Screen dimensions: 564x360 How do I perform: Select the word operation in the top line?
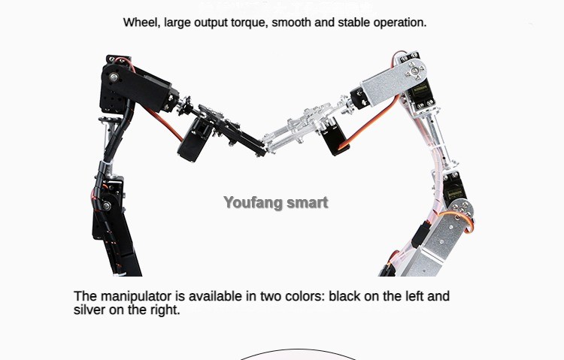click(x=400, y=23)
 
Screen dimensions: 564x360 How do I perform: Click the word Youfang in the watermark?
click(x=250, y=202)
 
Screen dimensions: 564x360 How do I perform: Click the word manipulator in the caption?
click(x=136, y=296)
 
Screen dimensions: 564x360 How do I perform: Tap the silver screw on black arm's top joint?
click(x=114, y=77)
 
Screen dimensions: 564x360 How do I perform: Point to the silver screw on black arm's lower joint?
click(x=107, y=206)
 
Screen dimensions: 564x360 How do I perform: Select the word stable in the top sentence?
click(x=354, y=23)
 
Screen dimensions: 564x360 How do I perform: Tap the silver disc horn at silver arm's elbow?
click(x=462, y=209)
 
